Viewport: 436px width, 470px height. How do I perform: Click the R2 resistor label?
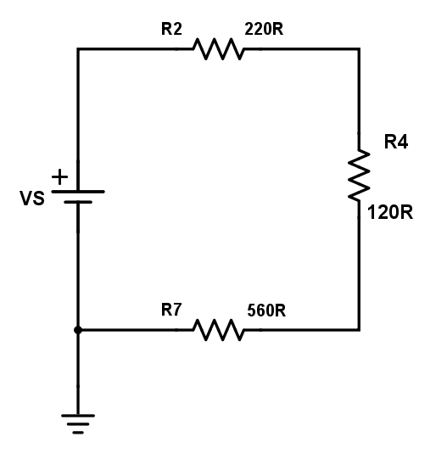tap(171, 29)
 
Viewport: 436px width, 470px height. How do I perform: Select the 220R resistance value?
tap(264, 29)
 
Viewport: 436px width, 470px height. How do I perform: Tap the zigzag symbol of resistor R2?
tap(219, 49)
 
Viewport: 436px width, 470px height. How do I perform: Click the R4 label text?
tap(396, 142)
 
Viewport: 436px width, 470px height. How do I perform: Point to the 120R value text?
tap(390, 212)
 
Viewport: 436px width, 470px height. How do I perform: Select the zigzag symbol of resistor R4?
tap(359, 176)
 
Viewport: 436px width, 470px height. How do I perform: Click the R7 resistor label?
tap(171, 310)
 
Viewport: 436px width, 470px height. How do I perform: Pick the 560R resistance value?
tap(266, 311)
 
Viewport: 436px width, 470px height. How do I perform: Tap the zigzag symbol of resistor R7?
tap(219, 330)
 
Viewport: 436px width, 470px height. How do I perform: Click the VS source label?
tap(32, 199)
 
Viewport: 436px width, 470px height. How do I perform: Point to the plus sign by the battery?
tap(59, 176)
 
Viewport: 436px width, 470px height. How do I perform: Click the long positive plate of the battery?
tap(78, 191)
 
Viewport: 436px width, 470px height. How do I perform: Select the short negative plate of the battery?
tap(78, 202)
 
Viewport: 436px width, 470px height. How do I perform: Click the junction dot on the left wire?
tap(78, 330)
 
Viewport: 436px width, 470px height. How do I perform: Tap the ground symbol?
tap(78, 424)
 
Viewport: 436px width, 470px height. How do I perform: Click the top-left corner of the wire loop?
tap(78, 49)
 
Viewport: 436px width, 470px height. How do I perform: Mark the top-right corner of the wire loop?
tap(359, 49)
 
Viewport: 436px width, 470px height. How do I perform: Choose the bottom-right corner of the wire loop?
tap(359, 330)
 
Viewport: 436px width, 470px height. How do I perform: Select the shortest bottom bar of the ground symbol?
tap(78, 433)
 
